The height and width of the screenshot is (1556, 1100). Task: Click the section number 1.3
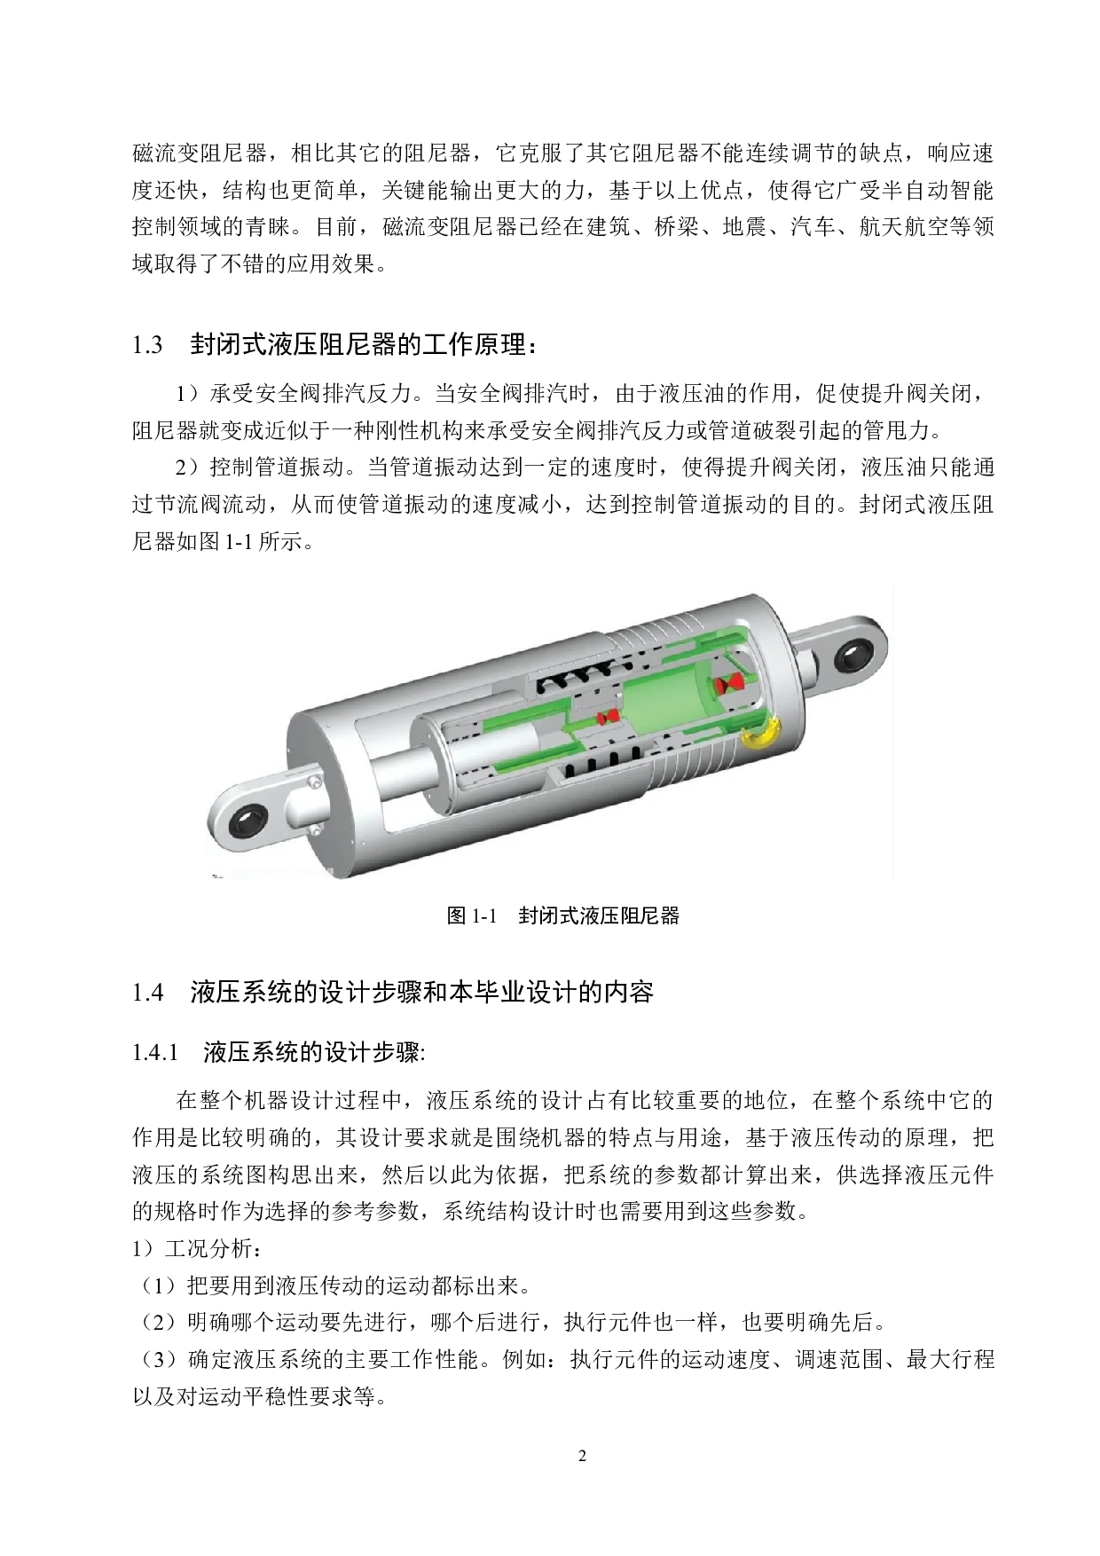coord(147,345)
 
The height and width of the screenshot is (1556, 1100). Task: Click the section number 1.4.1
coord(155,1053)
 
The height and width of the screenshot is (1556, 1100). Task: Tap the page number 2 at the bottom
coord(582,1456)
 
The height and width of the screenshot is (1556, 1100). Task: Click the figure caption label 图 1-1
coord(469,916)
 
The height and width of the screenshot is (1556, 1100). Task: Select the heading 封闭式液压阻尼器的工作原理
coord(363,344)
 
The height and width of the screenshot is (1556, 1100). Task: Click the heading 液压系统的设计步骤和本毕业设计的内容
coord(421,992)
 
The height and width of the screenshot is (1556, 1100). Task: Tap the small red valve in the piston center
coord(608,716)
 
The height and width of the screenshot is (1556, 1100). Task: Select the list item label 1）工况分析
coord(196,1248)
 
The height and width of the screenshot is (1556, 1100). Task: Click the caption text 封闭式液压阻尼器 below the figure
coord(599,916)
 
